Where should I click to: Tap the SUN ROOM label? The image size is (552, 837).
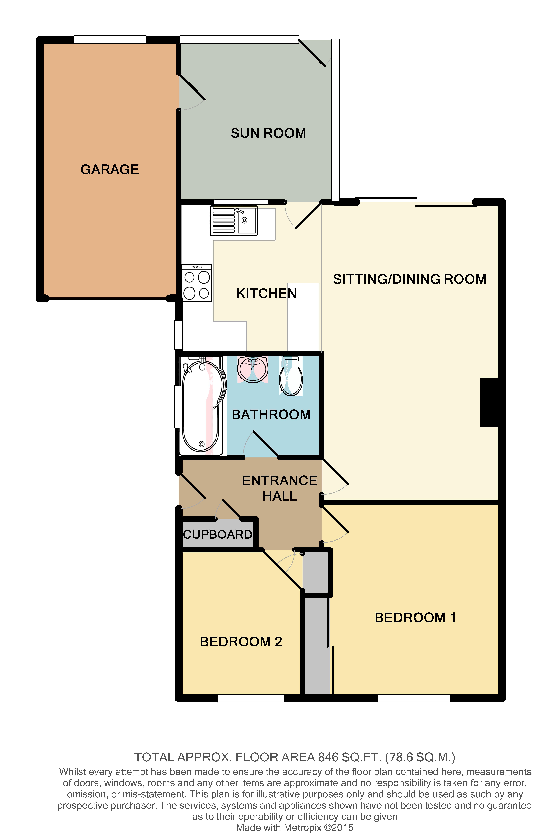(x=268, y=133)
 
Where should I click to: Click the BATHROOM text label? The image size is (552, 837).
(x=271, y=415)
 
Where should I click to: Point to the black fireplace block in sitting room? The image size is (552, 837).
(x=489, y=402)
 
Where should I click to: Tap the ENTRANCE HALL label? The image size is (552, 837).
(x=280, y=488)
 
